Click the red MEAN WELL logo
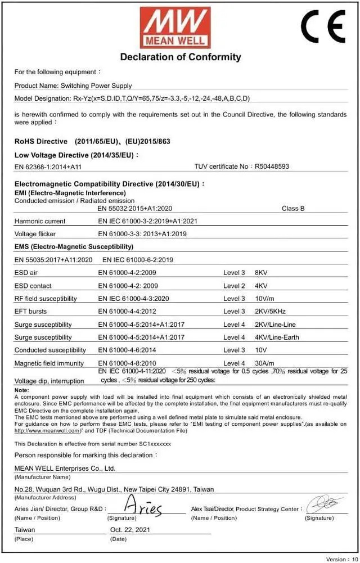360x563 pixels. click(175, 26)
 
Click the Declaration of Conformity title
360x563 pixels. click(181, 57)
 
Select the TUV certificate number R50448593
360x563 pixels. click(272, 166)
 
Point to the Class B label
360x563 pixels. click(293, 208)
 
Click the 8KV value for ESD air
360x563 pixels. click(262, 273)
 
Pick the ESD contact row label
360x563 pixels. click(33, 286)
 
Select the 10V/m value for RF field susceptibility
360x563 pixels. click(265, 299)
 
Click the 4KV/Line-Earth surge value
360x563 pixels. click(277, 337)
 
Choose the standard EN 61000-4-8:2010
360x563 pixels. click(127, 363)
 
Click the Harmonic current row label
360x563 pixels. click(39, 221)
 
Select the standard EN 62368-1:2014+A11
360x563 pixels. click(48, 166)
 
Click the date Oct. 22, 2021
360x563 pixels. click(130, 530)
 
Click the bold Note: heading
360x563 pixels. click(21, 390)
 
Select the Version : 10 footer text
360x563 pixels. click(341, 560)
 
